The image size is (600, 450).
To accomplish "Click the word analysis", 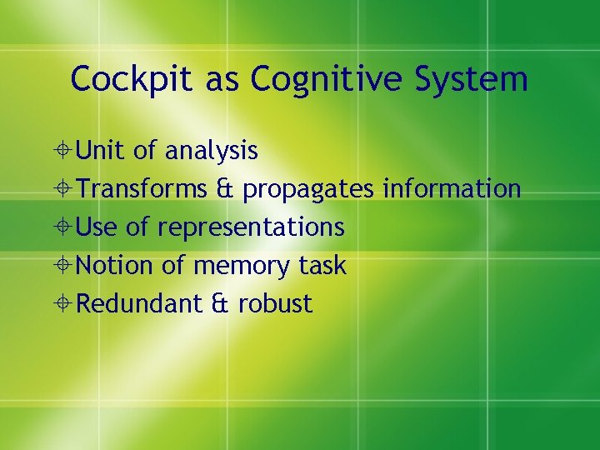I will pyautogui.click(x=211, y=151).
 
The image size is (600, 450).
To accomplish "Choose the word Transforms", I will pyautogui.click(x=142, y=189).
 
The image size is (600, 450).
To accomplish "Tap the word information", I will pyautogui.click(x=452, y=189).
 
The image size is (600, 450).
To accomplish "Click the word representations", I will pyautogui.click(x=250, y=227).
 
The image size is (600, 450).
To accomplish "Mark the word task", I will pyautogui.click(x=322, y=266).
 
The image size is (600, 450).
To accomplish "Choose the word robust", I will pyautogui.click(x=275, y=304).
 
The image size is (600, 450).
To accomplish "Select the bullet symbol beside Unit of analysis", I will pyautogui.click(x=65, y=152).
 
